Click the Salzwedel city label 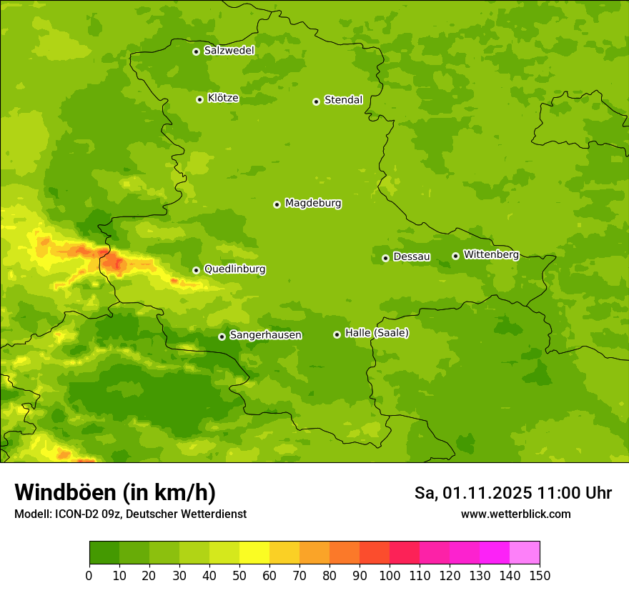(229, 51)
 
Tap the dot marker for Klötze (199, 99)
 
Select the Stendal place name (343, 100)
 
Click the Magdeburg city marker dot (277, 204)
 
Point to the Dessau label (412, 256)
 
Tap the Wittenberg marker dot (455, 256)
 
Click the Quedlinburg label (234, 269)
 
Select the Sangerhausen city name (265, 335)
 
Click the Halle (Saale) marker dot (337, 334)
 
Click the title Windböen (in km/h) (115, 492)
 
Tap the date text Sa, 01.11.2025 (473, 493)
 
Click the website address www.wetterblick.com (515, 514)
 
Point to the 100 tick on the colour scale (390, 575)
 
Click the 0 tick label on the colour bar (89, 575)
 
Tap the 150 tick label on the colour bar (539, 575)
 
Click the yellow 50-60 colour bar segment (254, 553)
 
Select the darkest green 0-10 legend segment (104, 553)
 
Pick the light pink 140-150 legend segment (525, 553)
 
